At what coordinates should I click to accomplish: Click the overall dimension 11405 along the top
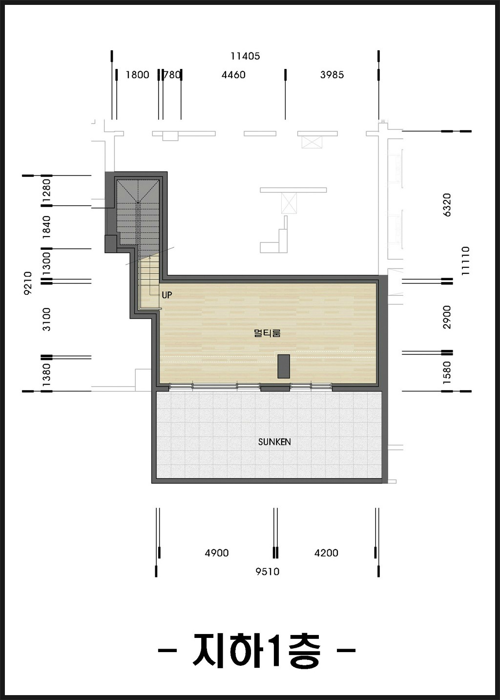tap(245, 56)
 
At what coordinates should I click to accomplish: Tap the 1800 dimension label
tap(137, 75)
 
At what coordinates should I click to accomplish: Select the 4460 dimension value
tap(233, 75)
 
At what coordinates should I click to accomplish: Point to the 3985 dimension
tap(332, 75)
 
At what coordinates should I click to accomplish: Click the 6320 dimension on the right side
tap(447, 205)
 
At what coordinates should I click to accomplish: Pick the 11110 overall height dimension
tap(465, 261)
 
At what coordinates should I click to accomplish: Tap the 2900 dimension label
tap(447, 317)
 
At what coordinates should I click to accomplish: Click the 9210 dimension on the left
tap(28, 283)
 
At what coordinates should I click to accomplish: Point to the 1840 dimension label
tap(46, 227)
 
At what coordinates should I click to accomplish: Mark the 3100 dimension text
tap(46, 319)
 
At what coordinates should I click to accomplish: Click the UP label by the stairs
tap(167, 295)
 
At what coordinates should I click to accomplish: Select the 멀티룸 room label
tap(267, 333)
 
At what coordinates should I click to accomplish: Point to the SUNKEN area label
tap(274, 442)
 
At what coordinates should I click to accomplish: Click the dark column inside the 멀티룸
tap(284, 367)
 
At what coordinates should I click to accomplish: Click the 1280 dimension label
tap(46, 191)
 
